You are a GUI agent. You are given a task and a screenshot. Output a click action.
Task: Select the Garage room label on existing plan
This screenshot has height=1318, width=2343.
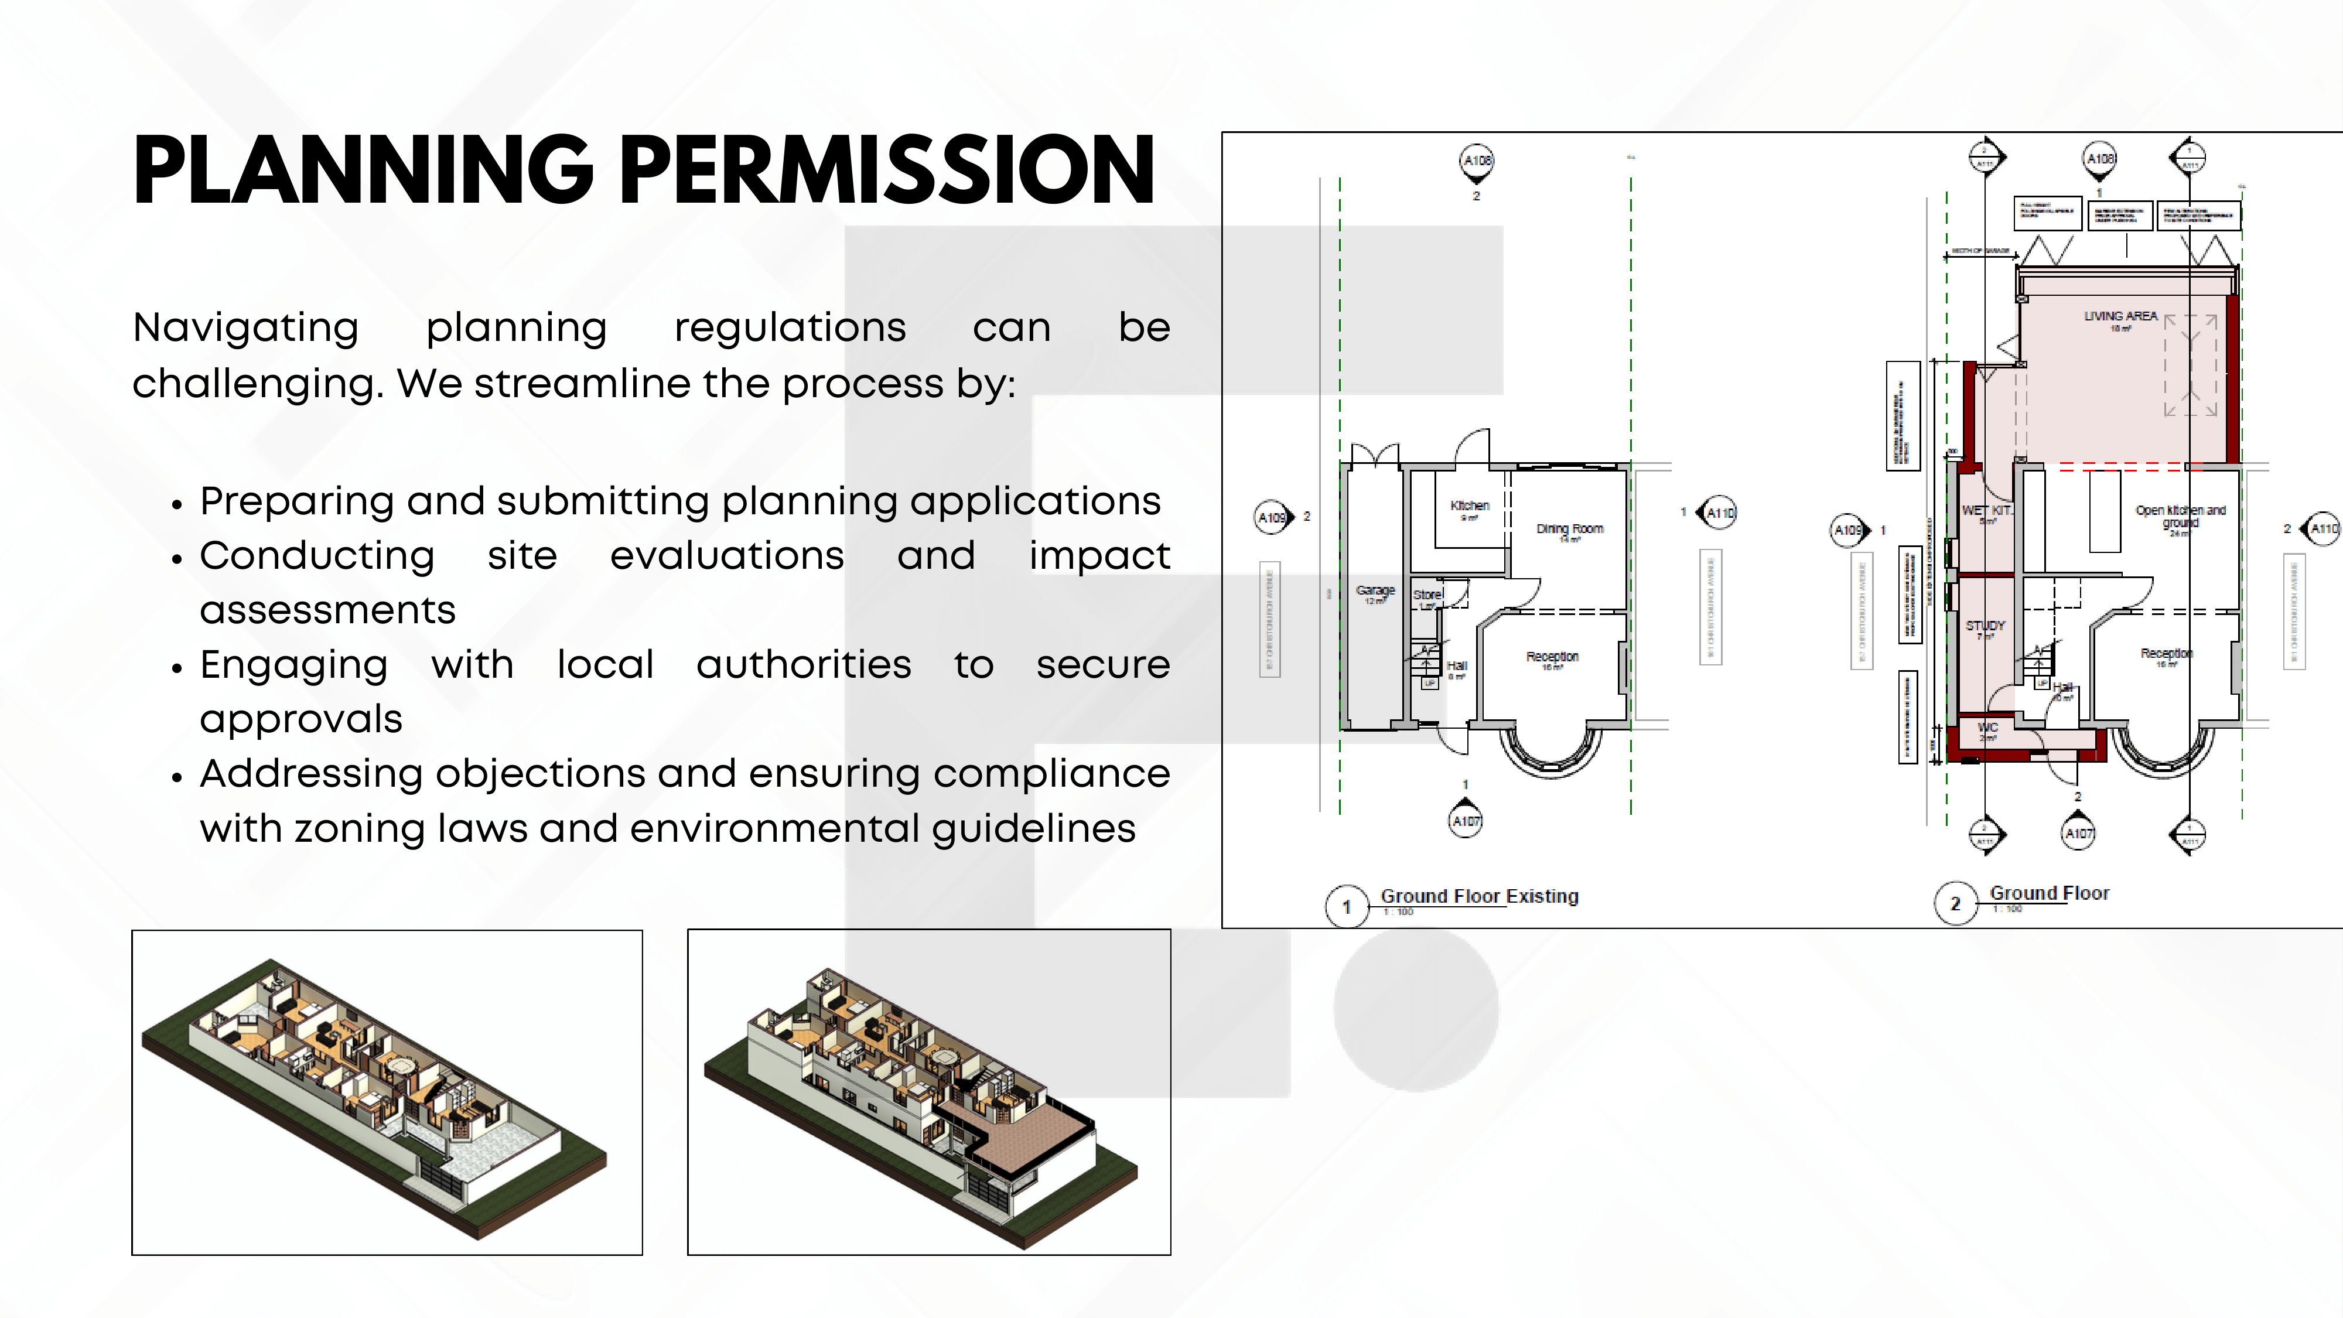1374,591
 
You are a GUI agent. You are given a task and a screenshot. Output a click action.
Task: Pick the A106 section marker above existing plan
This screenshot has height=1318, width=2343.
1476,161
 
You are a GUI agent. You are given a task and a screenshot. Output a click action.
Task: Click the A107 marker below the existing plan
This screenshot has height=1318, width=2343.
1466,821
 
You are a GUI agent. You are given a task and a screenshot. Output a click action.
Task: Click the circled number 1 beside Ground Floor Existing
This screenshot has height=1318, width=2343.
1346,907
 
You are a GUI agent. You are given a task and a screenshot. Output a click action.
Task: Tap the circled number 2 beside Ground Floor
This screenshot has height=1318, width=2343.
1955,904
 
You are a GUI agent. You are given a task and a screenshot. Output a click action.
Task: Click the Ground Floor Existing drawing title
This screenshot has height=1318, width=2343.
1479,897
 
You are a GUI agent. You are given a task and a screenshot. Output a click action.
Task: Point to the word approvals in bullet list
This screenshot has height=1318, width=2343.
301,719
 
